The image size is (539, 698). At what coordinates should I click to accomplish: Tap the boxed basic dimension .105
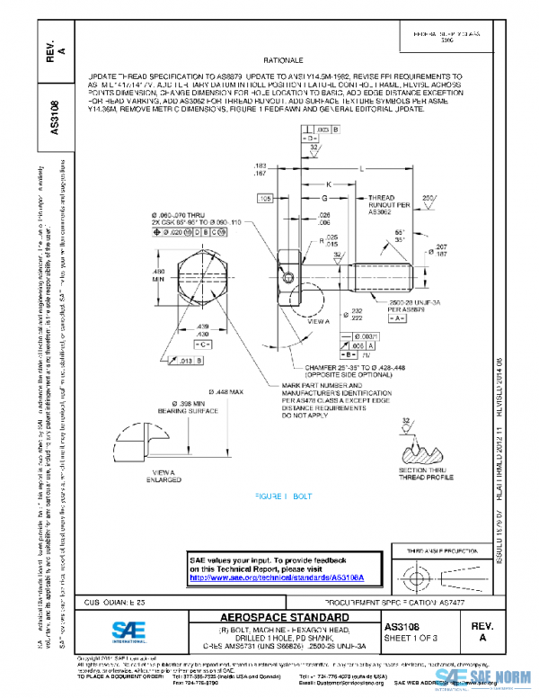click(x=266, y=197)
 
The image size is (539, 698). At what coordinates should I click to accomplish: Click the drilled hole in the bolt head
click(x=292, y=273)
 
